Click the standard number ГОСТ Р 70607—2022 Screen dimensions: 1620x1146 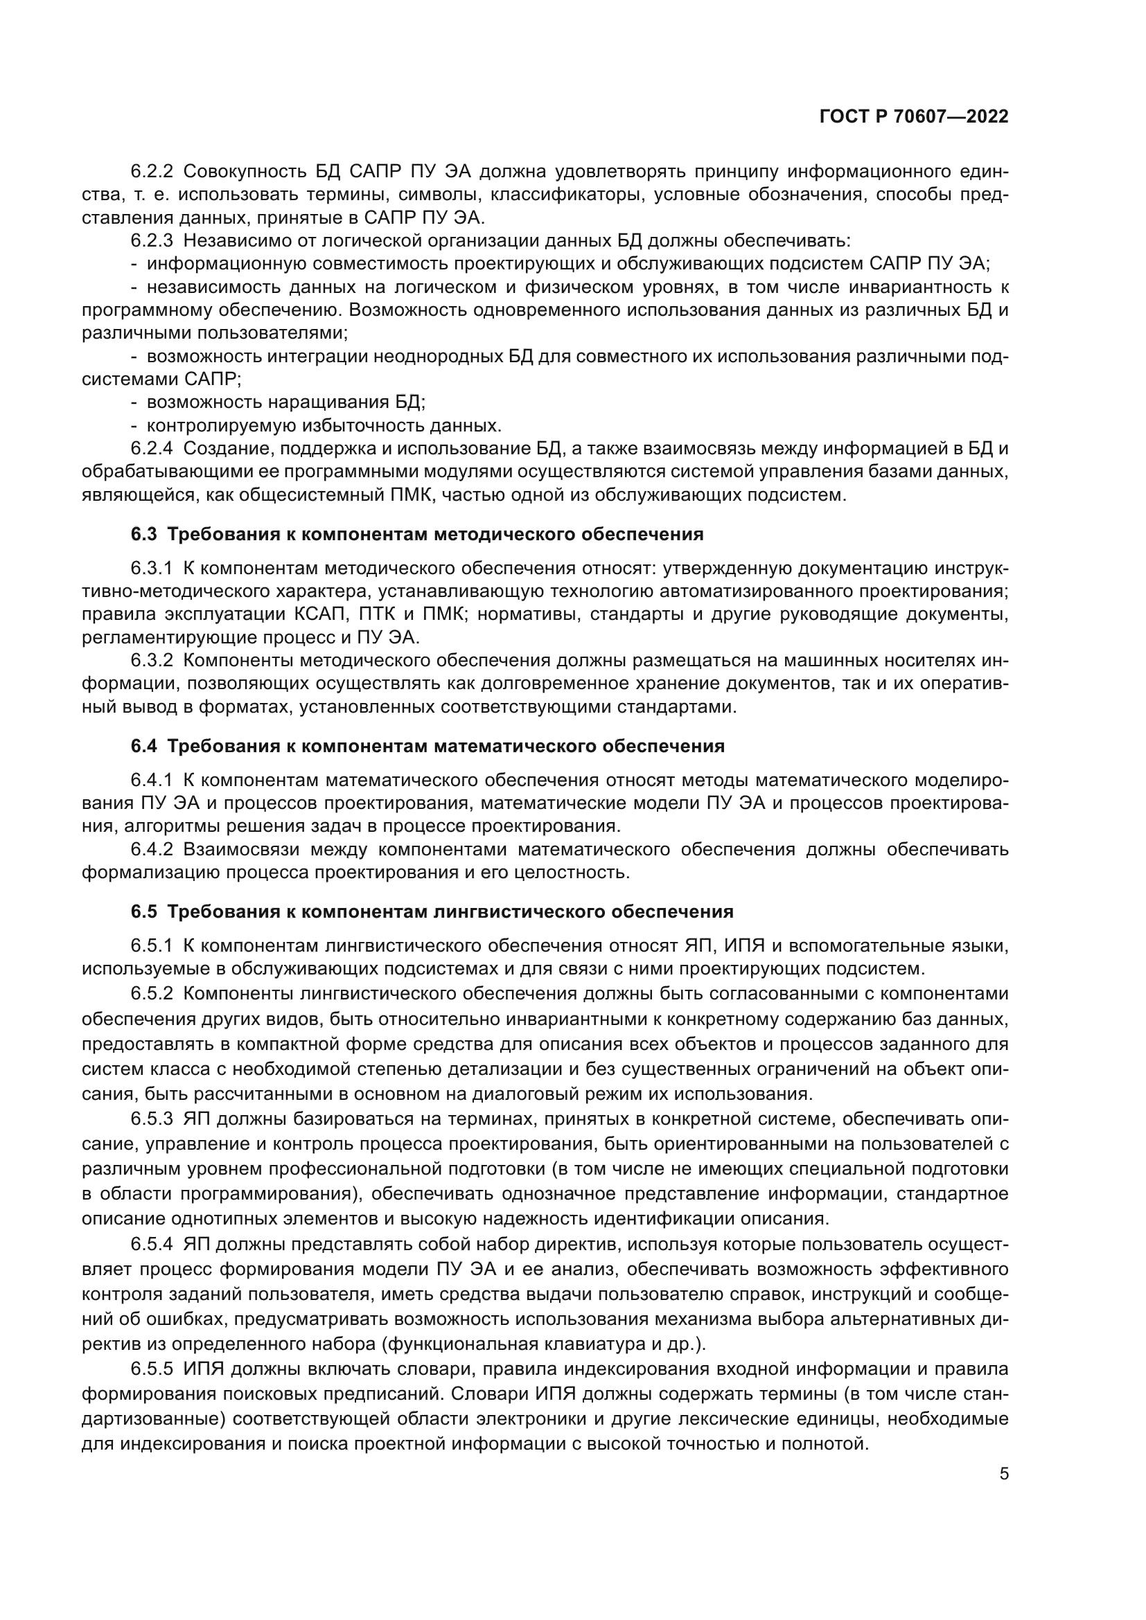[914, 117]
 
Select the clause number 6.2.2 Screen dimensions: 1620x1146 [152, 172]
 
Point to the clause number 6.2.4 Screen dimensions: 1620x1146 [152, 449]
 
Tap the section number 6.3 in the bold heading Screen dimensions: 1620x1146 [143, 534]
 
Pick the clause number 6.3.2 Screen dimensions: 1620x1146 [152, 661]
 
